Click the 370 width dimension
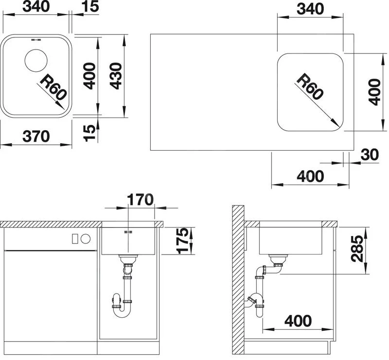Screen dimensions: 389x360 coord(36,137)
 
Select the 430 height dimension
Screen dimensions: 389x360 coord(116,76)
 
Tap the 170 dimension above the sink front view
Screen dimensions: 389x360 coord(140,200)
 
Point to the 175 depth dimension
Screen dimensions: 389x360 coord(183,240)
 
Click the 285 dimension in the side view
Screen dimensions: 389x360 coord(357,249)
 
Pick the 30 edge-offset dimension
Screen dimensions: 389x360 coord(370,154)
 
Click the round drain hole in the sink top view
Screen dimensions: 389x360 coord(36,61)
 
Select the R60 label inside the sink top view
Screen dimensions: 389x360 coord(53,87)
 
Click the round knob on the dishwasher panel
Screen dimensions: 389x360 coord(86,239)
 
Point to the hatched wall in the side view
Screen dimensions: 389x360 coord(238,280)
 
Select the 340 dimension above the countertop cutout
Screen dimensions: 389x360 coord(310,9)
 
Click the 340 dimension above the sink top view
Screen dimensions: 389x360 coord(36,6)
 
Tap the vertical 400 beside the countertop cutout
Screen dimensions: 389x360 coord(374,92)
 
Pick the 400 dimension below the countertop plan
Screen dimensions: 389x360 coord(310,176)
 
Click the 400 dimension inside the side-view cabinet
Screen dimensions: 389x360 coord(298,321)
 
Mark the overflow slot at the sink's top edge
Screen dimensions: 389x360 coord(36,40)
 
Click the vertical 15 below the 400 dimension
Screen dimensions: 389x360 coord(89,133)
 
